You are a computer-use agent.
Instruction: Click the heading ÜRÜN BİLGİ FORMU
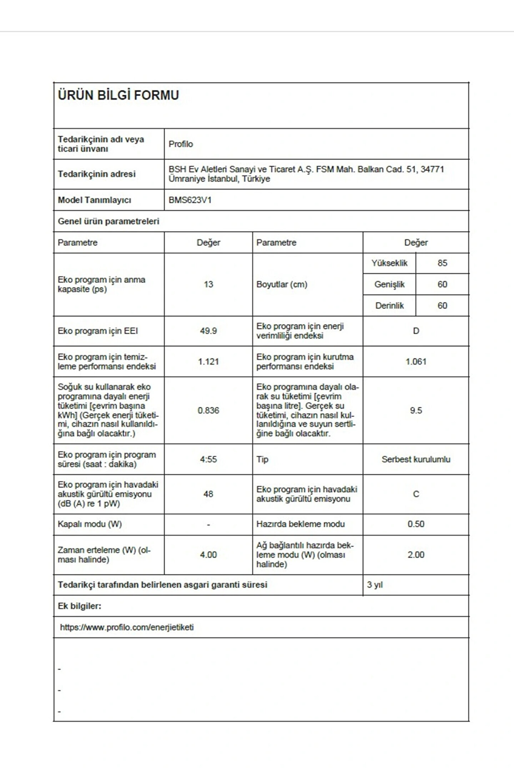pyautogui.click(x=118, y=95)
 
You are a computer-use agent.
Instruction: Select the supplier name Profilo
pyautogui.click(x=181, y=144)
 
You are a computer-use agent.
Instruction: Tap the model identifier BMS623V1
pyautogui.click(x=190, y=200)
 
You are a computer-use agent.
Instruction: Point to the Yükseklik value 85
pyautogui.click(x=442, y=263)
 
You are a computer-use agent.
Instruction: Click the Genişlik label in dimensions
pyautogui.click(x=389, y=284)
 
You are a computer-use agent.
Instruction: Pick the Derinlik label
pyautogui.click(x=389, y=306)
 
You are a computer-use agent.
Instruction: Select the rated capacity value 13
pyautogui.click(x=208, y=284)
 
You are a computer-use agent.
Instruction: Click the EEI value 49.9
pyautogui.click(x=208, y=331)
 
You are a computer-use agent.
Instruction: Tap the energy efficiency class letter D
pyautogui.click(x=416, y=331)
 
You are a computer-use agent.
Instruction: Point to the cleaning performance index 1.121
pyautogui.click(x=208, y=362)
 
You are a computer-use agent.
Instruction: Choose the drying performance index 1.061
pyautogui.click(x=416, y=362)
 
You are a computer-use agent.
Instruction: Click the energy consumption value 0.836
pyautogui.click(x=208, y=410)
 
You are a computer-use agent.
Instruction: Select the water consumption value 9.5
pyautogui.click(x=416, y=410)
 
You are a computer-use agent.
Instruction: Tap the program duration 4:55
pyautogui.click(x=208, y=459)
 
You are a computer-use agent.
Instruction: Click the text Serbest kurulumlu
pyautogui.click(x=416, y=459)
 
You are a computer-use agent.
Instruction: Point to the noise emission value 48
pyautogui.click(x=208, y=494)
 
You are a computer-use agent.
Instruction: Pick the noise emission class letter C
pyautogui.click(x=416, y=494)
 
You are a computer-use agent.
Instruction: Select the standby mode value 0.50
pyautogui.click(x=416, y=524)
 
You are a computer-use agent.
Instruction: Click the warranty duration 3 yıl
pyautogui.click(x=375, y=585)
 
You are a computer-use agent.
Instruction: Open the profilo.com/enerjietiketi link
pyautogui.click(x=127, y=627)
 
